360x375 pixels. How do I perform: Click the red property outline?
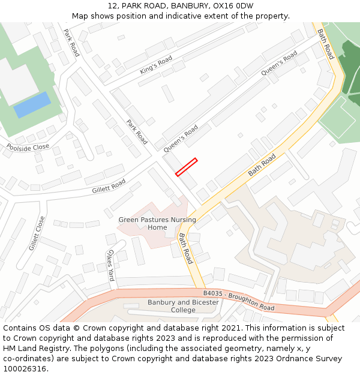[x=186, y=167]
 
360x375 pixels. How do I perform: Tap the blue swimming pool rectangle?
[x=32, y=104]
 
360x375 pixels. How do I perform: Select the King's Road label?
[x=155, y=64]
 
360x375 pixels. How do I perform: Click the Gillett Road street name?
[x=109, y=186]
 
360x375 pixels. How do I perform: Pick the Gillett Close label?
[x=37, y=233]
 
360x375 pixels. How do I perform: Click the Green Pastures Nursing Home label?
[x=157, y=223]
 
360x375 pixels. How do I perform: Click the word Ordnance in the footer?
[x=295, y=359]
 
